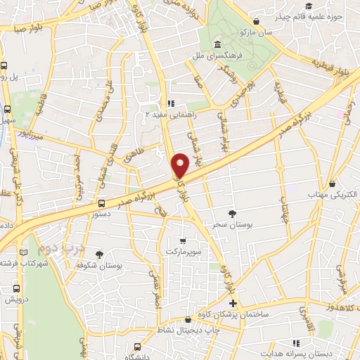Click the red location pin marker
[181, 165]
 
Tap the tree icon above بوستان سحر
[233, 213]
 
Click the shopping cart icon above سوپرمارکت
[184, 241]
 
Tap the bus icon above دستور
[102, 203]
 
